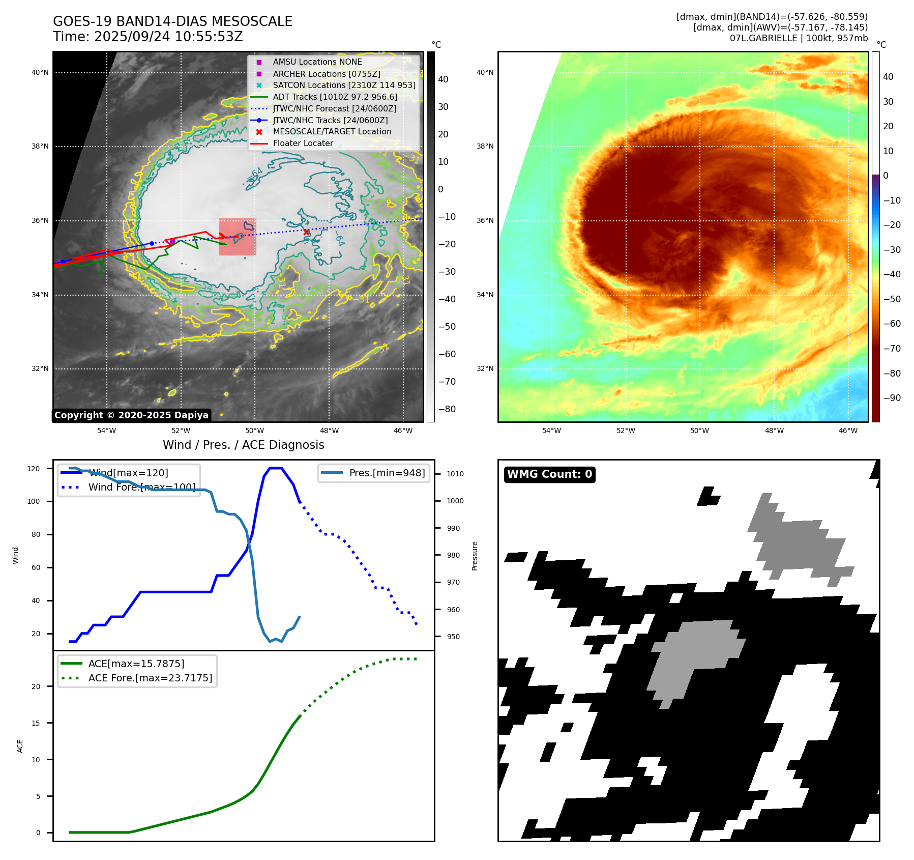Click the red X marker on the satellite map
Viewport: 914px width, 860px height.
point(306,232)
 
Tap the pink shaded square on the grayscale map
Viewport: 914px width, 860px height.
point(238,237)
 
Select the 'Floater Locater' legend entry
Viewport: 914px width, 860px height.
point(303,144)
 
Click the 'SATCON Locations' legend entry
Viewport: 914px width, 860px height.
point(344,85)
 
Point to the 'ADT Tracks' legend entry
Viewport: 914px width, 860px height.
point(335,97)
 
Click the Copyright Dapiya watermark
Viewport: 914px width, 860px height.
point(131,415)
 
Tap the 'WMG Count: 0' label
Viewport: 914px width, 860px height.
point(549,474)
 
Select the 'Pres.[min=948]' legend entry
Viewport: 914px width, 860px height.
point(387,473)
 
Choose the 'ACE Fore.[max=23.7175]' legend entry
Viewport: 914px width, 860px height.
point(150,678)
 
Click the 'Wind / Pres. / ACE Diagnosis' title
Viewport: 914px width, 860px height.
point(243,445)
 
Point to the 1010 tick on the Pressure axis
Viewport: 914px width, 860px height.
point(455,474)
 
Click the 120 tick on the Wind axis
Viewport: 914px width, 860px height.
point(34,469)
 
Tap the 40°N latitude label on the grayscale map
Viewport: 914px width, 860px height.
point(40,73)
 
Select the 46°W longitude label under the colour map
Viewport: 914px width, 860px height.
point(848,431)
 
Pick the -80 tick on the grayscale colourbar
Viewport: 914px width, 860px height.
point(447,409)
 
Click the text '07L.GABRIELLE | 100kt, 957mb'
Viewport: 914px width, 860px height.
point(799,38)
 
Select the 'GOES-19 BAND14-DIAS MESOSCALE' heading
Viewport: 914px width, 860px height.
point(172,21)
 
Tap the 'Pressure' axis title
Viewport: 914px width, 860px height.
point(475,556)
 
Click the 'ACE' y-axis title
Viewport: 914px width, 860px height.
point(20,746)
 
